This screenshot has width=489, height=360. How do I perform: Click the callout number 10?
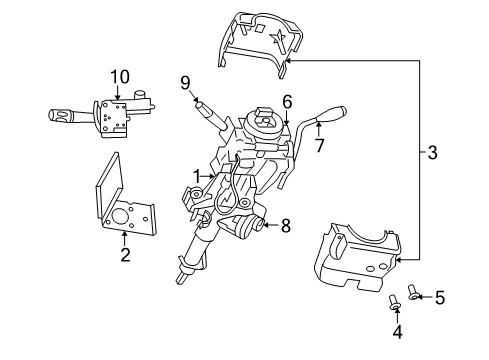click(x=120, y=75)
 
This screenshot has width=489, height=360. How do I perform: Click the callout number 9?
click(x=185, y=83)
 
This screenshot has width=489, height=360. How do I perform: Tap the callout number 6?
click(x=287, y=100)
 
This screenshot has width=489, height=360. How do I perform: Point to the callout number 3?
click(x=432, y=153)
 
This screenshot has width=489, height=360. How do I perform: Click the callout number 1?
click(x=199, y=176)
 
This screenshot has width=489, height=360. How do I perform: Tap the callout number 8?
click(x=285, y=226)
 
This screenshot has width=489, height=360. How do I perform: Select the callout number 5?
click(x=440, y=297)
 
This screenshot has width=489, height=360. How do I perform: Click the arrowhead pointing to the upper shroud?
click(x=288, y=61)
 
